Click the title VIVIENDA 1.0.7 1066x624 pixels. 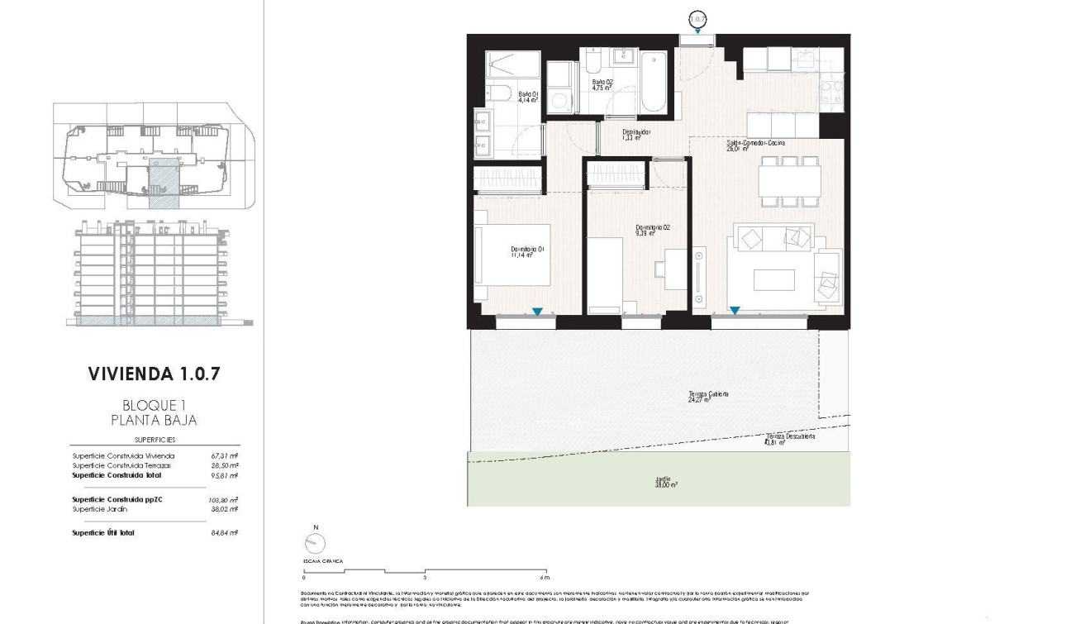click(154, 374)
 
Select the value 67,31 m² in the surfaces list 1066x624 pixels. click(225, 455)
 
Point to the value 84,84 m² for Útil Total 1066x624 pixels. click(225, 533)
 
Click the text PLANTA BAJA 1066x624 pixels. click(154, 420)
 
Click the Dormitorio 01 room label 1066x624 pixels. click(527, 251)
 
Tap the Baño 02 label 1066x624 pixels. click(602, 84)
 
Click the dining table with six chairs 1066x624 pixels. click(789, 180)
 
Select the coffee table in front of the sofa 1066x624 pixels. click(774, 279)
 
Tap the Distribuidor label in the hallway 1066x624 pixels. click(636, 134)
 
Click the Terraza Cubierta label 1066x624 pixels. click(708, 396)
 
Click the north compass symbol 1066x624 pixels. click(315, 542)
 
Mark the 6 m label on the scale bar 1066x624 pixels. click(544, 577)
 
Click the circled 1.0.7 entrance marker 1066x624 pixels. click(698, 17)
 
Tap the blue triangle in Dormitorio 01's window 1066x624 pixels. click(537, 312)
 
